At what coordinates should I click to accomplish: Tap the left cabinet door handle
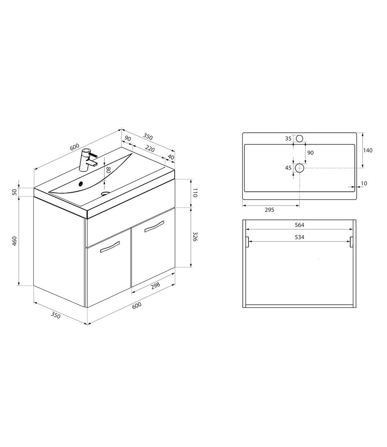point(110,247)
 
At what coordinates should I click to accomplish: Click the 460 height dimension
point(15,241)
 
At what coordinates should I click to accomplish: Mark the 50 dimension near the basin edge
point(15,192)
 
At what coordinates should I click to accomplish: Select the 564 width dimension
point(299,224)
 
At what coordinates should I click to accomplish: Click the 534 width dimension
point(299,237)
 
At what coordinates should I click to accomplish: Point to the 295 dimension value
point(269,210)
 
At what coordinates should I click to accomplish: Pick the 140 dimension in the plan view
point(369,150)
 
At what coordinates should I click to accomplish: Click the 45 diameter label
point(288,168)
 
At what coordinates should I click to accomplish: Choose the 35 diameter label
point(288,139)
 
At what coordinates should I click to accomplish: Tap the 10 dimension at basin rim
point(364,184)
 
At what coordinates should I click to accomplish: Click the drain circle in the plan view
point(299,168)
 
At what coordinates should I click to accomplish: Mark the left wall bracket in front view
point(247,242)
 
